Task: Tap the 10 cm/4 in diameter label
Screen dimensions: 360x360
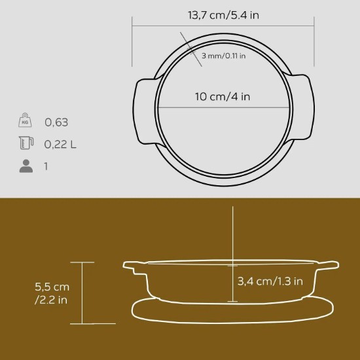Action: click(223, 96)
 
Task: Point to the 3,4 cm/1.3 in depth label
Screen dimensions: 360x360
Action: click(270, 282)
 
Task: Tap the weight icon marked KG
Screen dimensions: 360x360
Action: click(26, 121)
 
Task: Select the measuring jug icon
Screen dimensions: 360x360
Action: click(26, 143)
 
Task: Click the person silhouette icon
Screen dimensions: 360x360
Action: click(26, 166)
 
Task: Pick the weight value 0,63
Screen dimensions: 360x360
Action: click(56, 122)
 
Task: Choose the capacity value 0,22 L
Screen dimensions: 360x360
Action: click(60, 144)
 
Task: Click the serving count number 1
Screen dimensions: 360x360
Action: click(46, 166)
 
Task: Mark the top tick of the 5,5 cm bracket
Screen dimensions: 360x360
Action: click(82, 262)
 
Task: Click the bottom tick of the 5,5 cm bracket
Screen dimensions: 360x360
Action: click(82, 324)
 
